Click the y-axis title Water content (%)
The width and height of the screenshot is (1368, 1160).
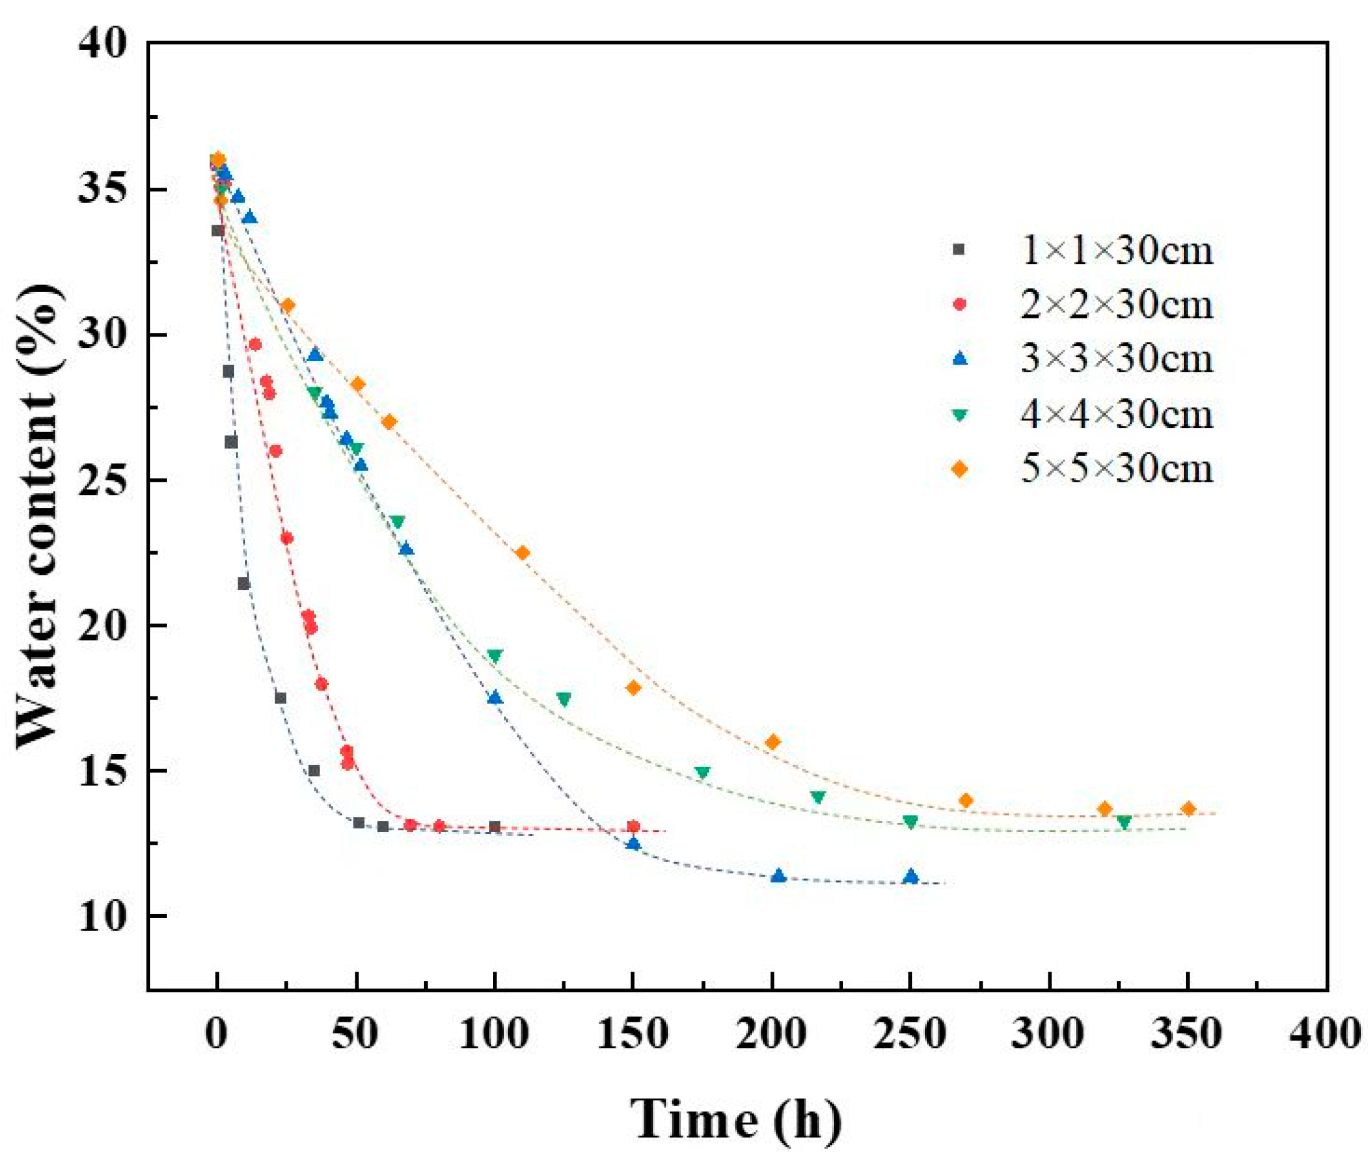tap(41, 516)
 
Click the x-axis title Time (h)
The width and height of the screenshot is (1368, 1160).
tap(736, 1119)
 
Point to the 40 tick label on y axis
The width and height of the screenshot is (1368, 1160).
tap(105, 44)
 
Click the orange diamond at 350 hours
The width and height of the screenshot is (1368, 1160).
tap(1187, 809)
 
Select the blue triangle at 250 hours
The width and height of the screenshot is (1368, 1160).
tap(911, 877)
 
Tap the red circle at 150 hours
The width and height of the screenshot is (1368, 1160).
tap(633, 827)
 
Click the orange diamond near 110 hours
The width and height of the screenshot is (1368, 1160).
tap(522, 553)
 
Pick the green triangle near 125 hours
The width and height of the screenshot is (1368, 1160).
tap(564, 699)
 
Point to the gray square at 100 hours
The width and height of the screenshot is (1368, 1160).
tap(495, 827)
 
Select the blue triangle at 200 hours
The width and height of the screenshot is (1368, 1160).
tap(778, 877)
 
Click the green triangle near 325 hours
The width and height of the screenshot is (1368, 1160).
tap(1123, 822)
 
